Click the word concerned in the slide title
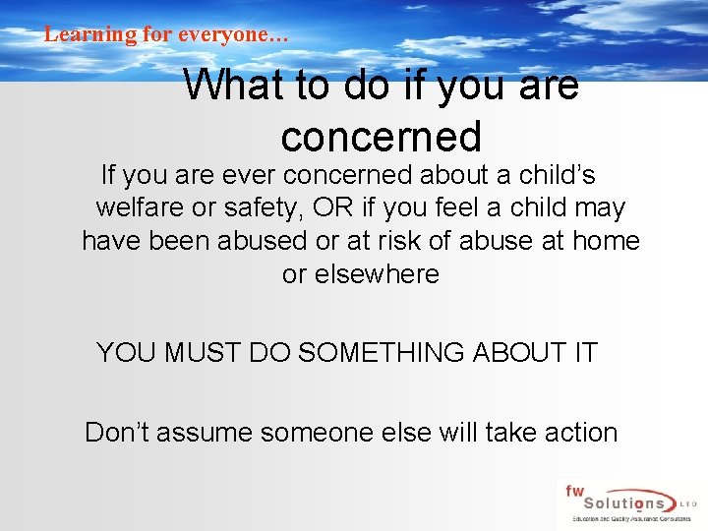click(381, 137)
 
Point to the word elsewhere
click(360, 273)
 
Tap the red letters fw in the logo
click(574, 489)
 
